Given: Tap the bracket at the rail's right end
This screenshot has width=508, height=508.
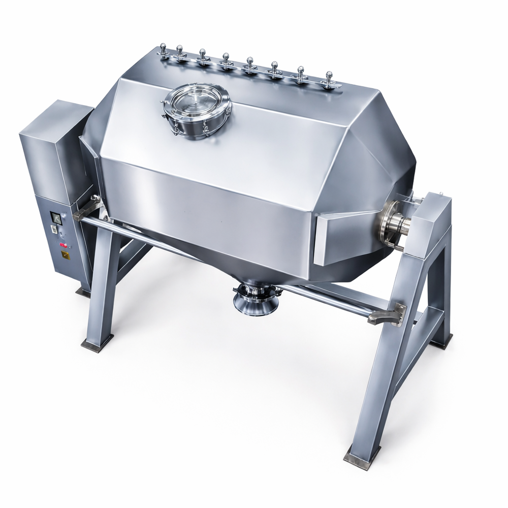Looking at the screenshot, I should coord(389,314).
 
